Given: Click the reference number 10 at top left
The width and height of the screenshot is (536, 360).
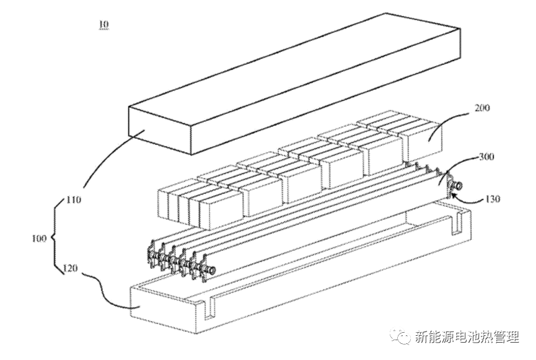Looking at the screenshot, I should coord(103,25).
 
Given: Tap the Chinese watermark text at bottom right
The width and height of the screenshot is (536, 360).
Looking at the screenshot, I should coord(466,338).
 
